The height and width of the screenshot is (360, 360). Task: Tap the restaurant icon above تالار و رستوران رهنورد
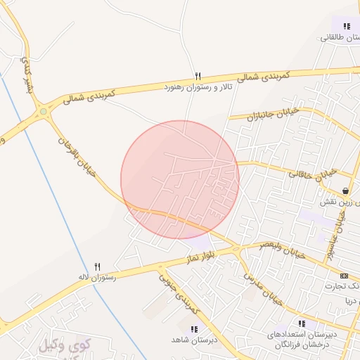(198, 76)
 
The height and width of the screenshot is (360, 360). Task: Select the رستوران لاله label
(97, 277)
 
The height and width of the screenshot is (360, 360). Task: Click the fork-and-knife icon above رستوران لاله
(98, 266)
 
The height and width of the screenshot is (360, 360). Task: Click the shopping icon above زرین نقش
(345, 191)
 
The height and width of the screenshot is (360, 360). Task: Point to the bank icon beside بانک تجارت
(343, 276)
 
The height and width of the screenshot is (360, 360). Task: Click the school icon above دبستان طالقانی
(347, 26)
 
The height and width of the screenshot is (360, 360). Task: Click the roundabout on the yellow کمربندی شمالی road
(45, 110)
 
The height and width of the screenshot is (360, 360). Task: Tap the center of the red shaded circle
(180, 180)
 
